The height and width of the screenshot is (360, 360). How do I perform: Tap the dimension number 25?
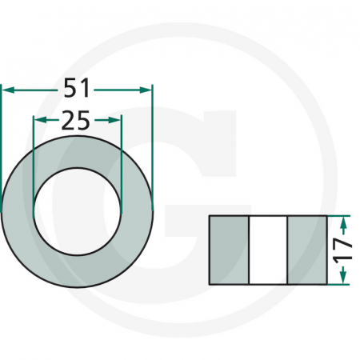pyautogui.click(x=76, y=120)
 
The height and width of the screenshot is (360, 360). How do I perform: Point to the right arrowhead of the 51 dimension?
pyautogui.click(x=146, y=89)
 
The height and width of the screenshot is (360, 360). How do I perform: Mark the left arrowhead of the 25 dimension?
pyautogui.click(x=38, y=120)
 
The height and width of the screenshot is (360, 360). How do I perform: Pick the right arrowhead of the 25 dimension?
pyautogui.click(x=116, y=120)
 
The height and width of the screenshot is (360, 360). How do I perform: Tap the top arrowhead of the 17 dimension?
pyautogui.click(x=343, y=222)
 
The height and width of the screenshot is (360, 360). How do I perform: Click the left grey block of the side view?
pyautogui.click(x=229, y=250)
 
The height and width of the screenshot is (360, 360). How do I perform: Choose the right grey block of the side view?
pyautogui.click(x=306, y=250)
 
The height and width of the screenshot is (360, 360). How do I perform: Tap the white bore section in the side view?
pyautogui.click(x=267, y=250)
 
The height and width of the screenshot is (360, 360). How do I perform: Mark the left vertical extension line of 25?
pyautogui.click(x=33, y=152)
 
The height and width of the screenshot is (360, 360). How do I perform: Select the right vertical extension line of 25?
pyautogui.click(x=121, y=152)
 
